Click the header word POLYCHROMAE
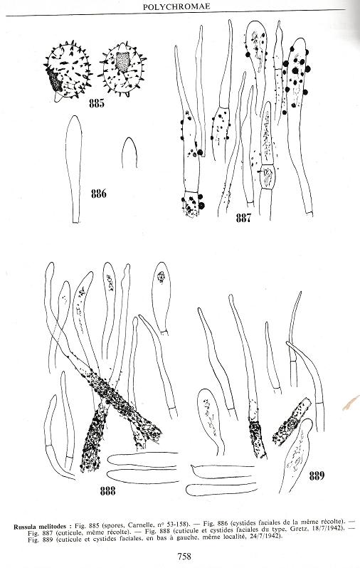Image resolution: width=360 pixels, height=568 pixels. pos(176,6)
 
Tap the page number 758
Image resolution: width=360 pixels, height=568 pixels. pos(184,556)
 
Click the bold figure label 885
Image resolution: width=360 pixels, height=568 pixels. pos(96,104)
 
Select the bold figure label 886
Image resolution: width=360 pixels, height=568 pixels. pos(98,194)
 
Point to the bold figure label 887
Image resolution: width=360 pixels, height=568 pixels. pos(243,218)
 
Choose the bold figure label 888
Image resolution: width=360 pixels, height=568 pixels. pos(107,491)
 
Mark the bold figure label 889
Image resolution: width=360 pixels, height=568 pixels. pos(317,475)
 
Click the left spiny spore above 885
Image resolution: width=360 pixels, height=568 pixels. pos(68,71)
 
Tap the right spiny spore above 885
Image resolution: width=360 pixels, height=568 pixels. pos(122,69)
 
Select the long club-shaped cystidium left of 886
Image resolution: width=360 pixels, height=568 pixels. pos(74,169)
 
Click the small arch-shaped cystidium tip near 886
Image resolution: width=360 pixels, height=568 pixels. pos(129,152)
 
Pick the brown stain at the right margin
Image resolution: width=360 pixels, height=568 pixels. pos(351,403)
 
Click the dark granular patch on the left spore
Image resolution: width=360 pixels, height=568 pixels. pos(54,80)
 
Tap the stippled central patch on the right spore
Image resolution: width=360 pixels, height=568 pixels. pos(123,62)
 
